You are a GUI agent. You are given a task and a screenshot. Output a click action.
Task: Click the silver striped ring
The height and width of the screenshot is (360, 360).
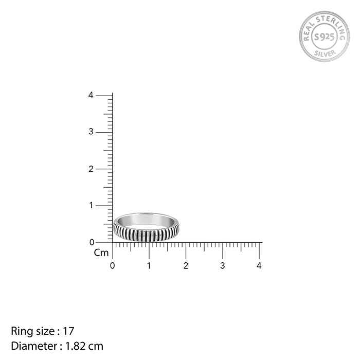point(146,234)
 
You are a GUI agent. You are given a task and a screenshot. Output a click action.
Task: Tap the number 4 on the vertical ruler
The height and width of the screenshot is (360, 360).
point(91,95)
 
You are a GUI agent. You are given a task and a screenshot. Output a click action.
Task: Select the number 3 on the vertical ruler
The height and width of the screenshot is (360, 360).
point(91,132)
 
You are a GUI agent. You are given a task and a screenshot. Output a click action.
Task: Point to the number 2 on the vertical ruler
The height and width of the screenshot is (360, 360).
point(91,169)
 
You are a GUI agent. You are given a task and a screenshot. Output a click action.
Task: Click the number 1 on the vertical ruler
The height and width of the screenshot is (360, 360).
point(92,205)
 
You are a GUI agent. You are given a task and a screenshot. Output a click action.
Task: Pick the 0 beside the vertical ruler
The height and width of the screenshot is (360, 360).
point(92,242)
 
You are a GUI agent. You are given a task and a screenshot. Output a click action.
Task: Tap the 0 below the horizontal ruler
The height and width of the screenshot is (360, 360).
point(112,266)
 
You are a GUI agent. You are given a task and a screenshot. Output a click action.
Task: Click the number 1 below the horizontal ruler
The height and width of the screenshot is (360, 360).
point(149,266)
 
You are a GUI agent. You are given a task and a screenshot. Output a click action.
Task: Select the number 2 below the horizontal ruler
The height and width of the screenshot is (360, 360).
point(186,266)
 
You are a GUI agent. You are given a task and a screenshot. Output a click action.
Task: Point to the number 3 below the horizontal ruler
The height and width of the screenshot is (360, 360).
point(223,266)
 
